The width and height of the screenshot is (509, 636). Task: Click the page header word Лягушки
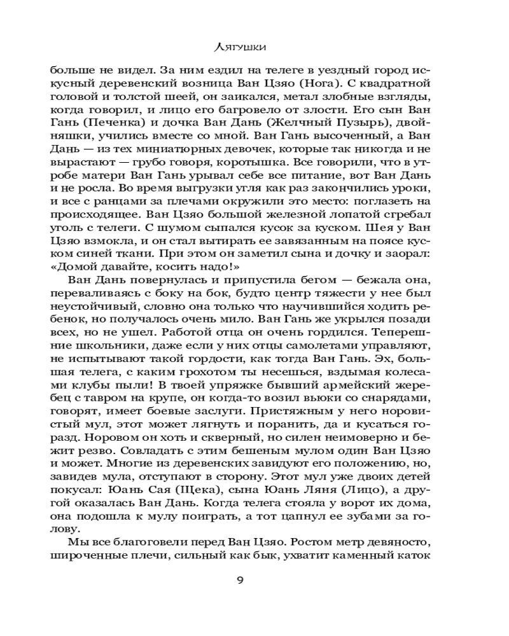pyautogui.click(x=254, y=46)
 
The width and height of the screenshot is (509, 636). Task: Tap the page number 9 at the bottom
pyautogui.click(x=254, y=581)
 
